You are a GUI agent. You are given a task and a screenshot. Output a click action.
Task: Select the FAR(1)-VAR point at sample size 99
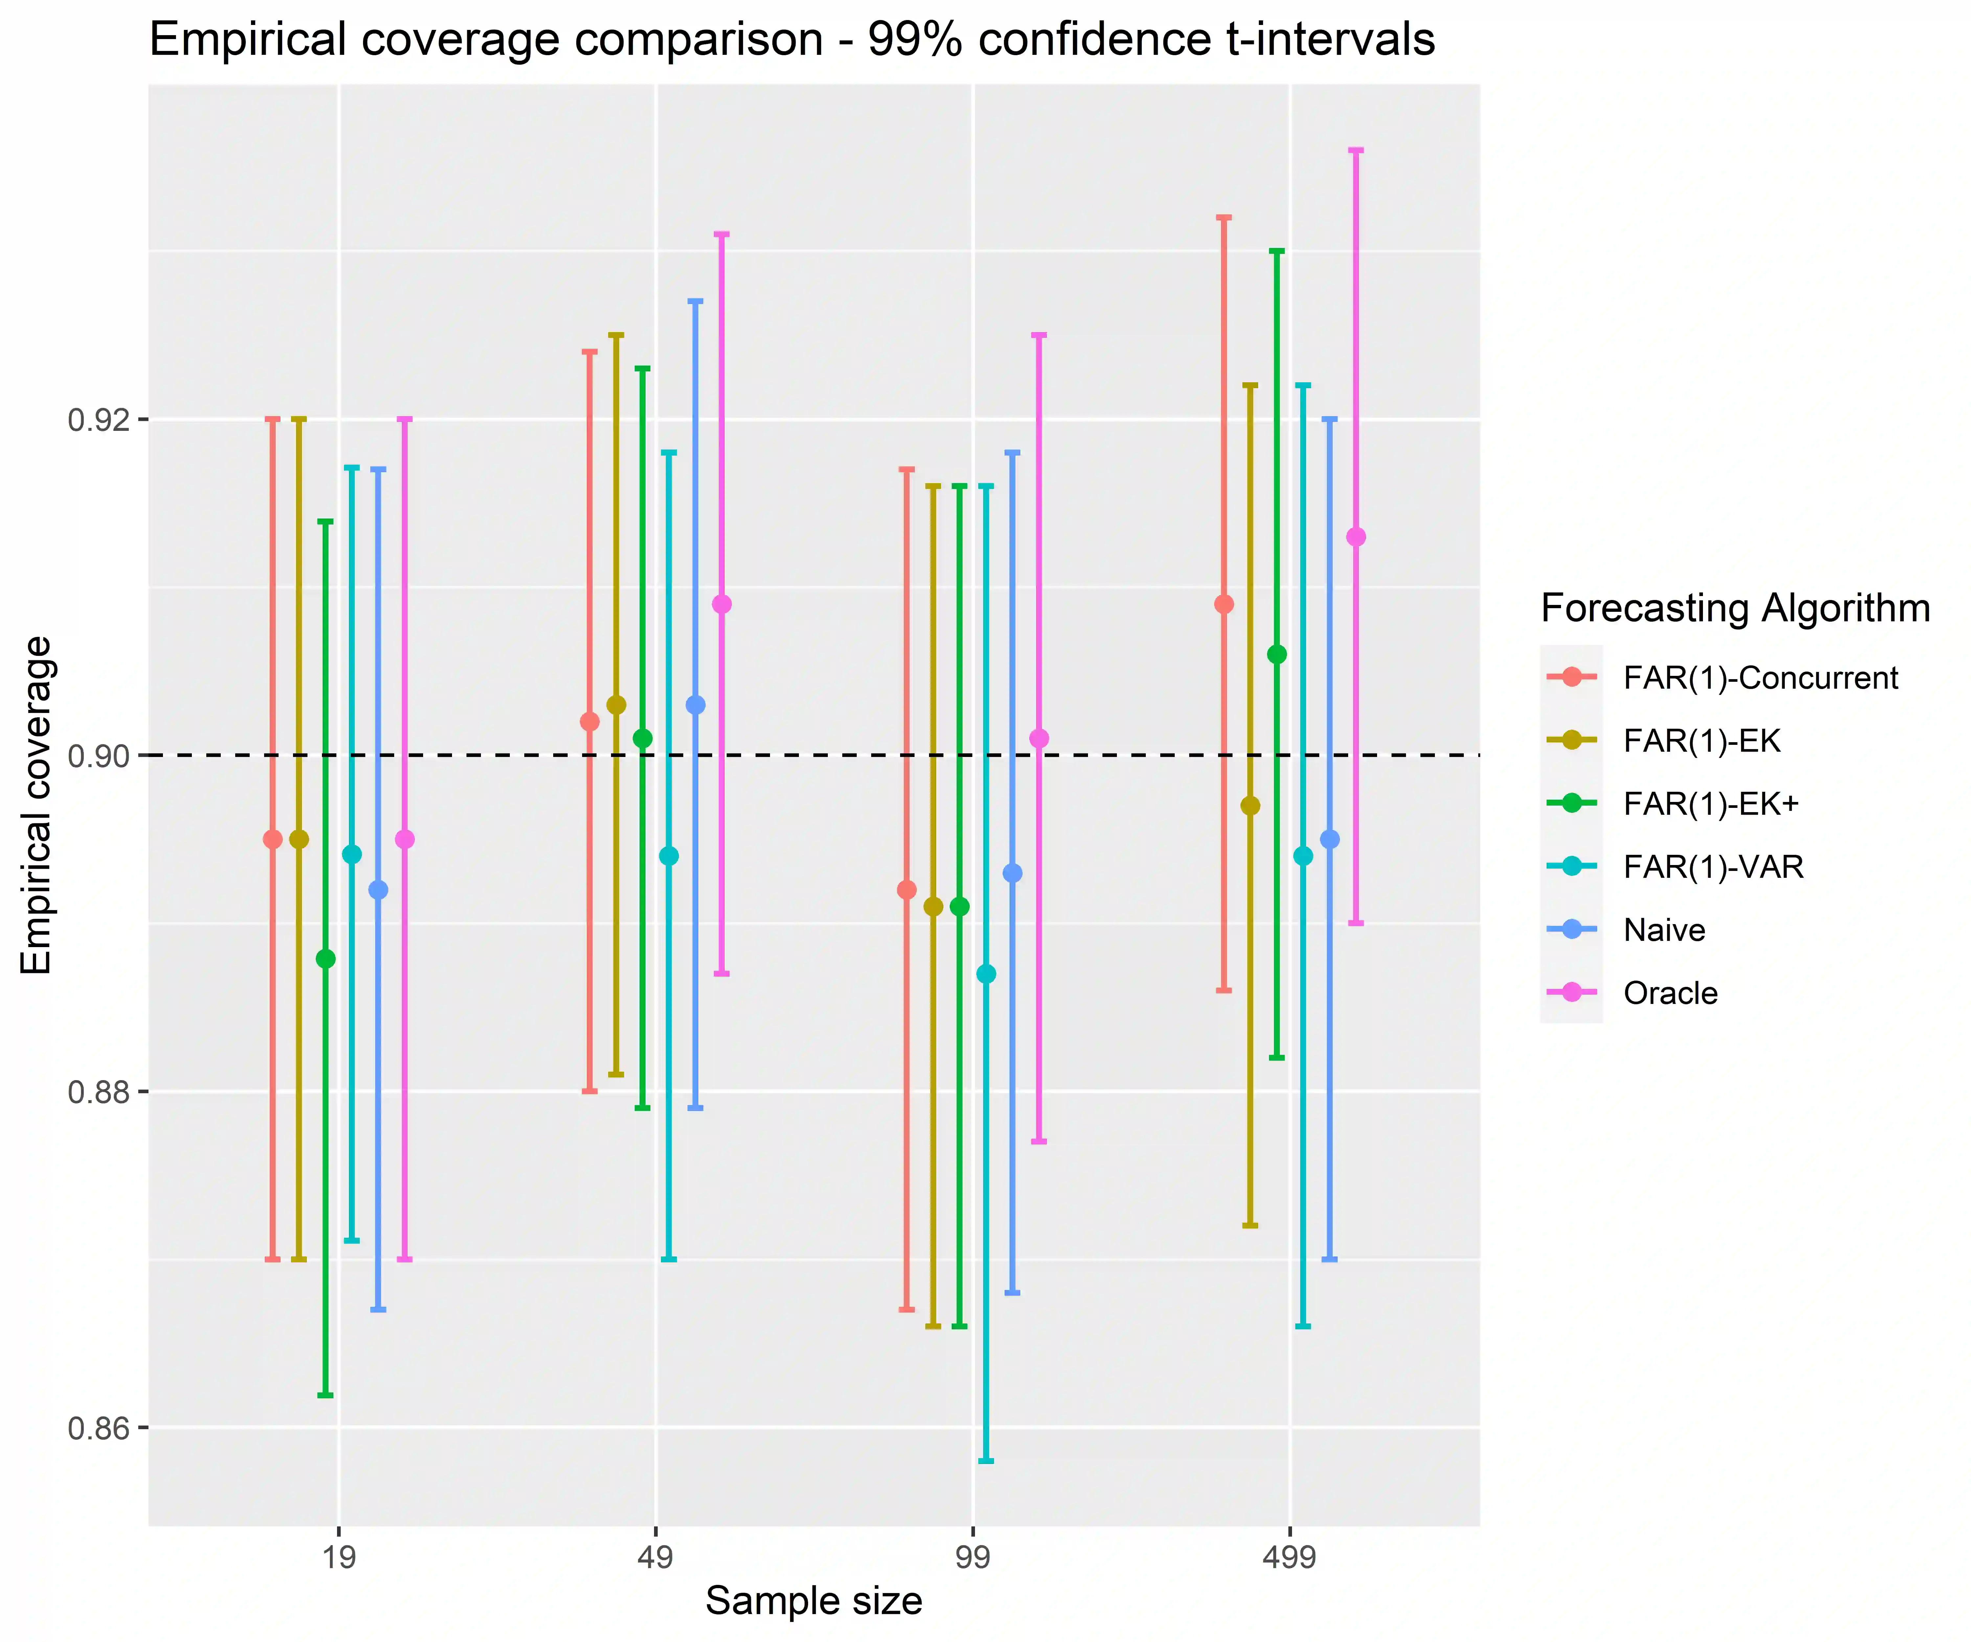coord(985,974)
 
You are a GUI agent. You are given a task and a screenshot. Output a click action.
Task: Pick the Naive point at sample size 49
coord(695,705)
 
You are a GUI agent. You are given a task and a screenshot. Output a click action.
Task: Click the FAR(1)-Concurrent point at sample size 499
coord(1224,604)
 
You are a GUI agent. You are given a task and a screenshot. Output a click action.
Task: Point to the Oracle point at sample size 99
coord(1039,739)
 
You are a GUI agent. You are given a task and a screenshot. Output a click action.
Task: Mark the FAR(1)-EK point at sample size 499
coord(1250,806)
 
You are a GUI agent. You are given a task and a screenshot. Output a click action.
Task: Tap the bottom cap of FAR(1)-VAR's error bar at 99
coord(985,1461)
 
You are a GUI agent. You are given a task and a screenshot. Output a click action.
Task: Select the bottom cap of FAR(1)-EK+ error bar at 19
coord(326,1395)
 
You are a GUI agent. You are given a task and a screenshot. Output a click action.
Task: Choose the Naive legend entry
coord(1664,930)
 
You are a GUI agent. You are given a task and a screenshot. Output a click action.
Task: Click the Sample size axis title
coord(814,1601)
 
